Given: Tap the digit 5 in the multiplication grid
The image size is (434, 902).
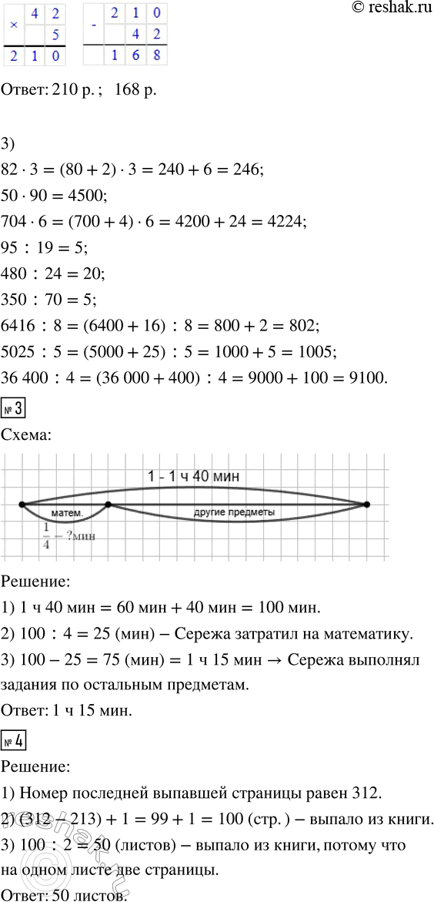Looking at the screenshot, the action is [55, 34].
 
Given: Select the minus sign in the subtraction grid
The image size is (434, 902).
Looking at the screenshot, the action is [93, 23].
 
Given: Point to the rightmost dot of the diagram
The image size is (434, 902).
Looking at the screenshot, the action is [366, 505].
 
